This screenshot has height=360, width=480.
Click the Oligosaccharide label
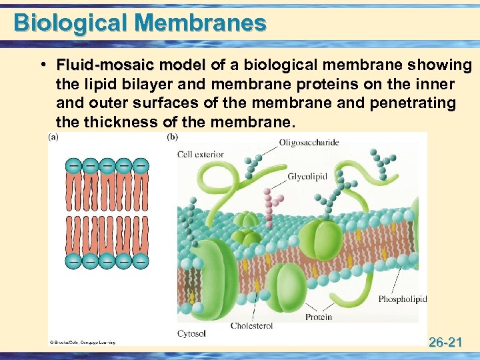pos(309,142)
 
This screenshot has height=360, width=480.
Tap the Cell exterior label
pos(200,155)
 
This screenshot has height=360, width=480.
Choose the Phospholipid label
pos(402,299)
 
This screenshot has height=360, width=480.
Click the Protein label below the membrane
pos(319,317)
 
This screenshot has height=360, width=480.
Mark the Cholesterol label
pos(251,326)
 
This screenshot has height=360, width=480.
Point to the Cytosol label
pos(191,332)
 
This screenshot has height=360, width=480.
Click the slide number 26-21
pos(446,343)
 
